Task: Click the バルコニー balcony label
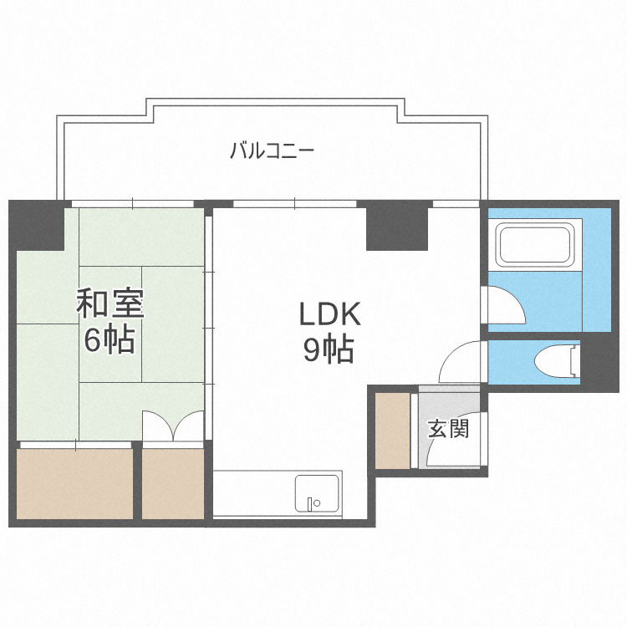click(272, 151)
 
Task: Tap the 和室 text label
click(110, 303)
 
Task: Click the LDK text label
click(329, 314)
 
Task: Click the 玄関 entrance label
click(448, 429)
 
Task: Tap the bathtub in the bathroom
click(534, 243)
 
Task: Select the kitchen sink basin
click(318, 495)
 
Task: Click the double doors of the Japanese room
click(173, 426)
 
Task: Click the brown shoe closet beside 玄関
click(392, 429)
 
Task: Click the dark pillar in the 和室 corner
click(38, 223)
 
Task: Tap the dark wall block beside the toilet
click(599, 362)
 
